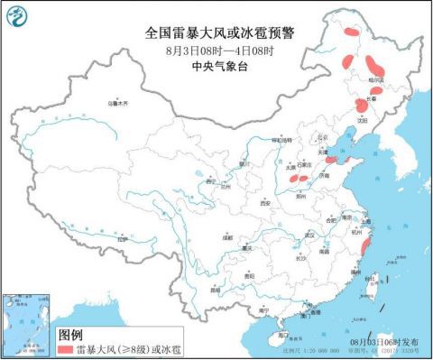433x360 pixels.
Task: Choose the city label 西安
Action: tap(266, 204)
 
